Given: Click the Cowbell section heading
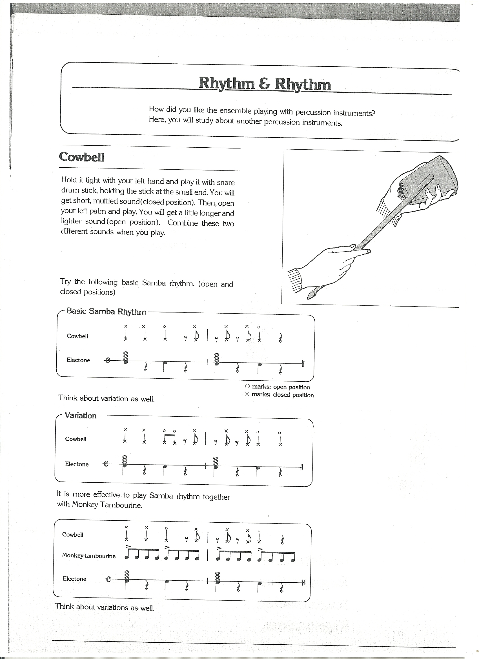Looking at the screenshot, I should click(81, 157).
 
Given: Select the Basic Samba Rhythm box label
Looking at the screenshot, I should click(106, 311).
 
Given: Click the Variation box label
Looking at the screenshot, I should click(81, 415).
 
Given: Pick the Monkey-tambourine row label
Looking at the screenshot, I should click(89, 556).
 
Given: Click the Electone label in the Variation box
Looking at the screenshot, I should click(77, 464).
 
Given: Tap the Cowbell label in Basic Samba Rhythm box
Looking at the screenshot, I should click(77, 336).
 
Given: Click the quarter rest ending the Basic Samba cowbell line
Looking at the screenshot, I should click(281, 338).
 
